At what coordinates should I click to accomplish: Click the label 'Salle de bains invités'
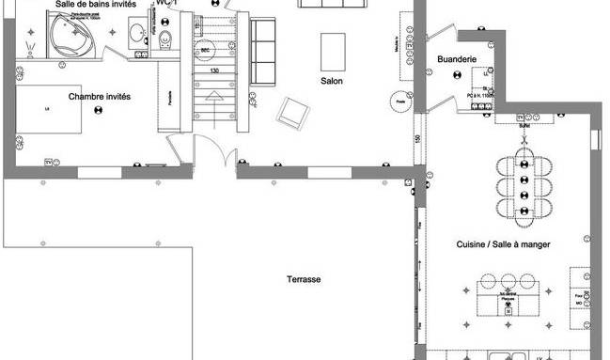click(x=95, y=6)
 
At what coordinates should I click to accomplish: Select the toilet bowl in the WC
click(x=165, y=39)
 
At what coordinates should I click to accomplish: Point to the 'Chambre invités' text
click(x=99, y=96)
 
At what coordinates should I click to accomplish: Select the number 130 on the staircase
click(x=214, y=70)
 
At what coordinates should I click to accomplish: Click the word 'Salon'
click(x=331, y=82)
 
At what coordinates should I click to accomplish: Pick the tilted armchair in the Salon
click(x=292, y=114)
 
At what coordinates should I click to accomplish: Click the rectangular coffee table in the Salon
click(x=333, y=47)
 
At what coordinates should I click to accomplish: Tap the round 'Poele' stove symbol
click(x=400, y=102)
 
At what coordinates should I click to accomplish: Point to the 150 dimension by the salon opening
click(x=416, y=139)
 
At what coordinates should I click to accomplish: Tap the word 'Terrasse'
click(x=305, y=280)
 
